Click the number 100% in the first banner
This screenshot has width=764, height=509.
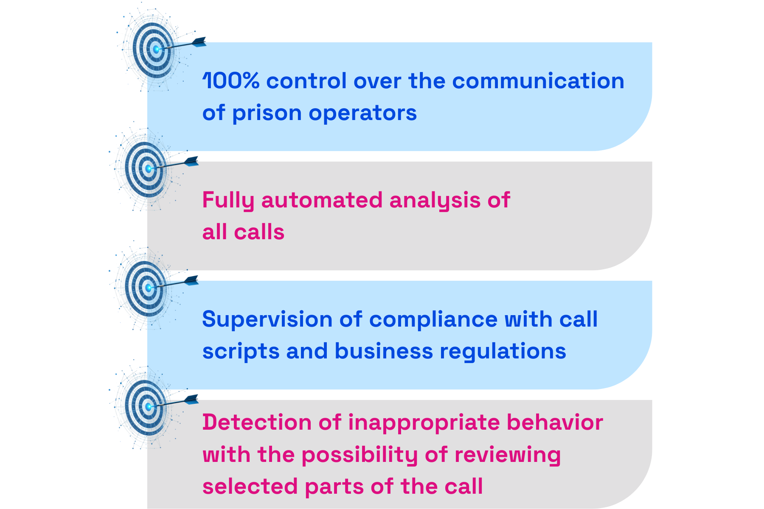pyautogui.click(x=230, y=81)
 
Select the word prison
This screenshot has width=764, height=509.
pyautogui.click(x=267, y=113)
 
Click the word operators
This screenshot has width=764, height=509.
pyautogui.click(x=363, y=113)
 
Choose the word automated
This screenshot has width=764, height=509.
pyautogui.click(x=322, y=200)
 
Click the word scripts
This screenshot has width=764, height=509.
pyautogui.click(x=241, y=352)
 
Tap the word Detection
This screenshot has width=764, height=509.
pyautogui.click(x=257, y=422)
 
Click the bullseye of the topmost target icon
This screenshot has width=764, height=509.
pyautogui.click(x=157, y=49)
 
